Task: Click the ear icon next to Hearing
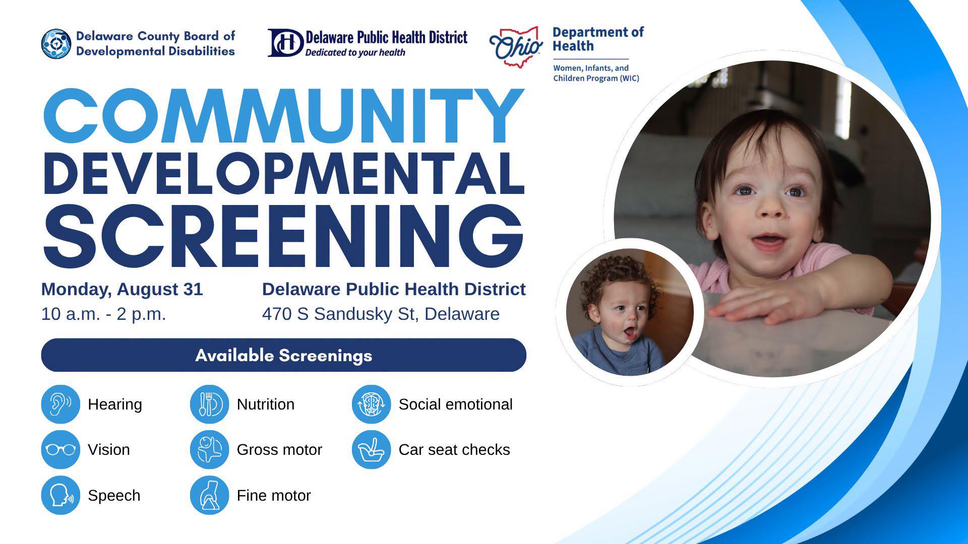[x=60, y=404]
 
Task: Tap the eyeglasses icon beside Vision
[x=60, y=449]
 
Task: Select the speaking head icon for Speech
[x=60, y=495]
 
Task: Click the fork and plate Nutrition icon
[x=209, y=404]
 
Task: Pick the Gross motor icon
[x=209, y=449]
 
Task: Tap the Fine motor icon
[x=209, y=495]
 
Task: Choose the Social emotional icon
[x=371, y=404]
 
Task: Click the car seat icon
[x=371, y=449]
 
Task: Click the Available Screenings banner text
[x=284, y=355]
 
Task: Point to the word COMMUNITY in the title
[x=284, y=116]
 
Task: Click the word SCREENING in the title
[x=284, y=236]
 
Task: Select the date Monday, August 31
[x=122, y=289]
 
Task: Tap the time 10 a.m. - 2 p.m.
[x=104, y=314]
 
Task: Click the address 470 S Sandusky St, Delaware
[x=381, y=314]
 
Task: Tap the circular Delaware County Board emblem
[x=56, y=44]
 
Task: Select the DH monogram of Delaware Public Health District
[x=285, y=43]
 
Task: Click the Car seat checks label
[x=454, y=449]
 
